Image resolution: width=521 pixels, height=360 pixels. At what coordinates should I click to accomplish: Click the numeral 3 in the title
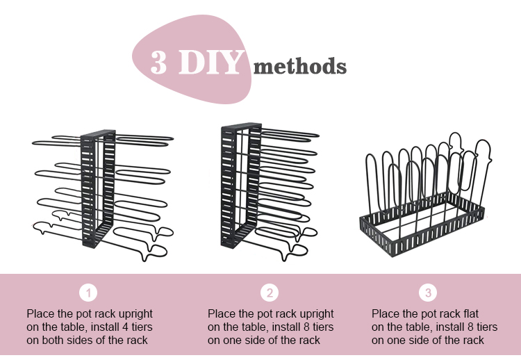pyautogui.click(x=158, y=62)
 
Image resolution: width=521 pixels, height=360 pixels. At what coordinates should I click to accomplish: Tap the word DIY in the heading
pyautogui.click(x=210, y=62)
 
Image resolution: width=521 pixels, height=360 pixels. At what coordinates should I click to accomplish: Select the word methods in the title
pyautogui.click(x=299, y=65)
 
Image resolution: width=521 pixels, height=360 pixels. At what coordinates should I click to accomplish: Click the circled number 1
pyautogui.click(x=88, y=293)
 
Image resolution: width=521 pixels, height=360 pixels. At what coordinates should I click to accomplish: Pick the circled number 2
pyautogui.click(x=270, y=293)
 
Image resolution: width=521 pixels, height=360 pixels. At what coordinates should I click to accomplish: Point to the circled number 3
pyautogui.click(x=428, y=293)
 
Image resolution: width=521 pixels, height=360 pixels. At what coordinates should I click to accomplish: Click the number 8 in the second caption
pyautogui.click(x=306, y=327)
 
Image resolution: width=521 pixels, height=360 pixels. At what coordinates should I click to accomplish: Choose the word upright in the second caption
pyautogui.click(x=316, y=314)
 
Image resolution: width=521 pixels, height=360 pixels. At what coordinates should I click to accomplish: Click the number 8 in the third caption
pyautogui.click(x=470, y=327)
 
